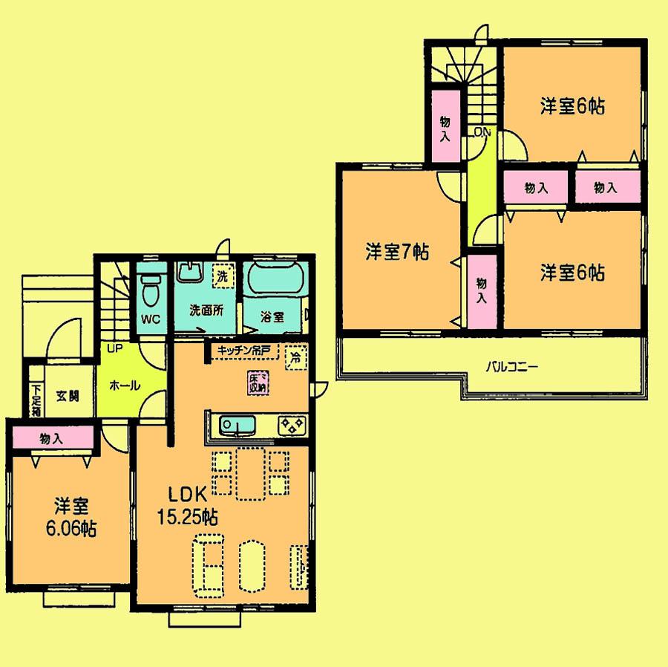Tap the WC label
click(151, 321)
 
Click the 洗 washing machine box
click(221, 274)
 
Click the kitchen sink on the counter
click(238, 426)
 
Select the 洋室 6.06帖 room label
click(71, 518)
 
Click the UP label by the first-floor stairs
click(113, 348)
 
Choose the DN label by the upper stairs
click(482, 132)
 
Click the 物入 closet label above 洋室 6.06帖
click(51, 439)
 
